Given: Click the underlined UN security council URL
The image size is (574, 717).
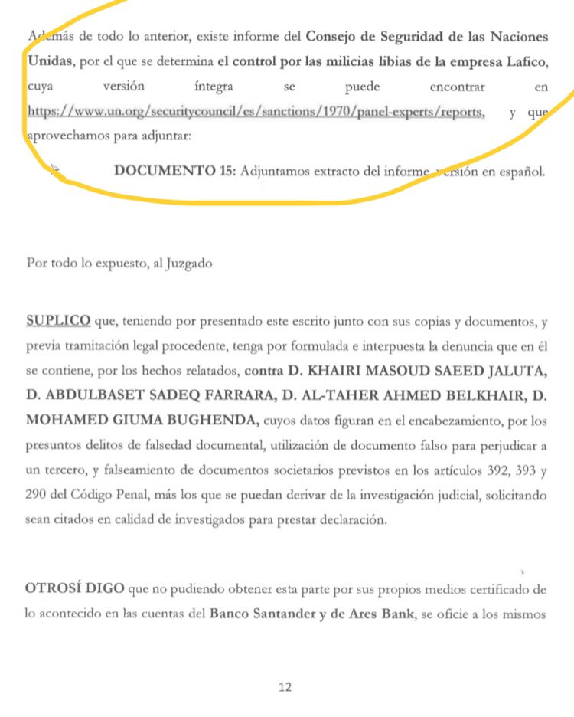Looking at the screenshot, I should (256, 112).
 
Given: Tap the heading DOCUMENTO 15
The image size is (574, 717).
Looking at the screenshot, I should (174, 170).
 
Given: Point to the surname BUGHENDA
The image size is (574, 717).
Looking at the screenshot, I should (211, 421).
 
